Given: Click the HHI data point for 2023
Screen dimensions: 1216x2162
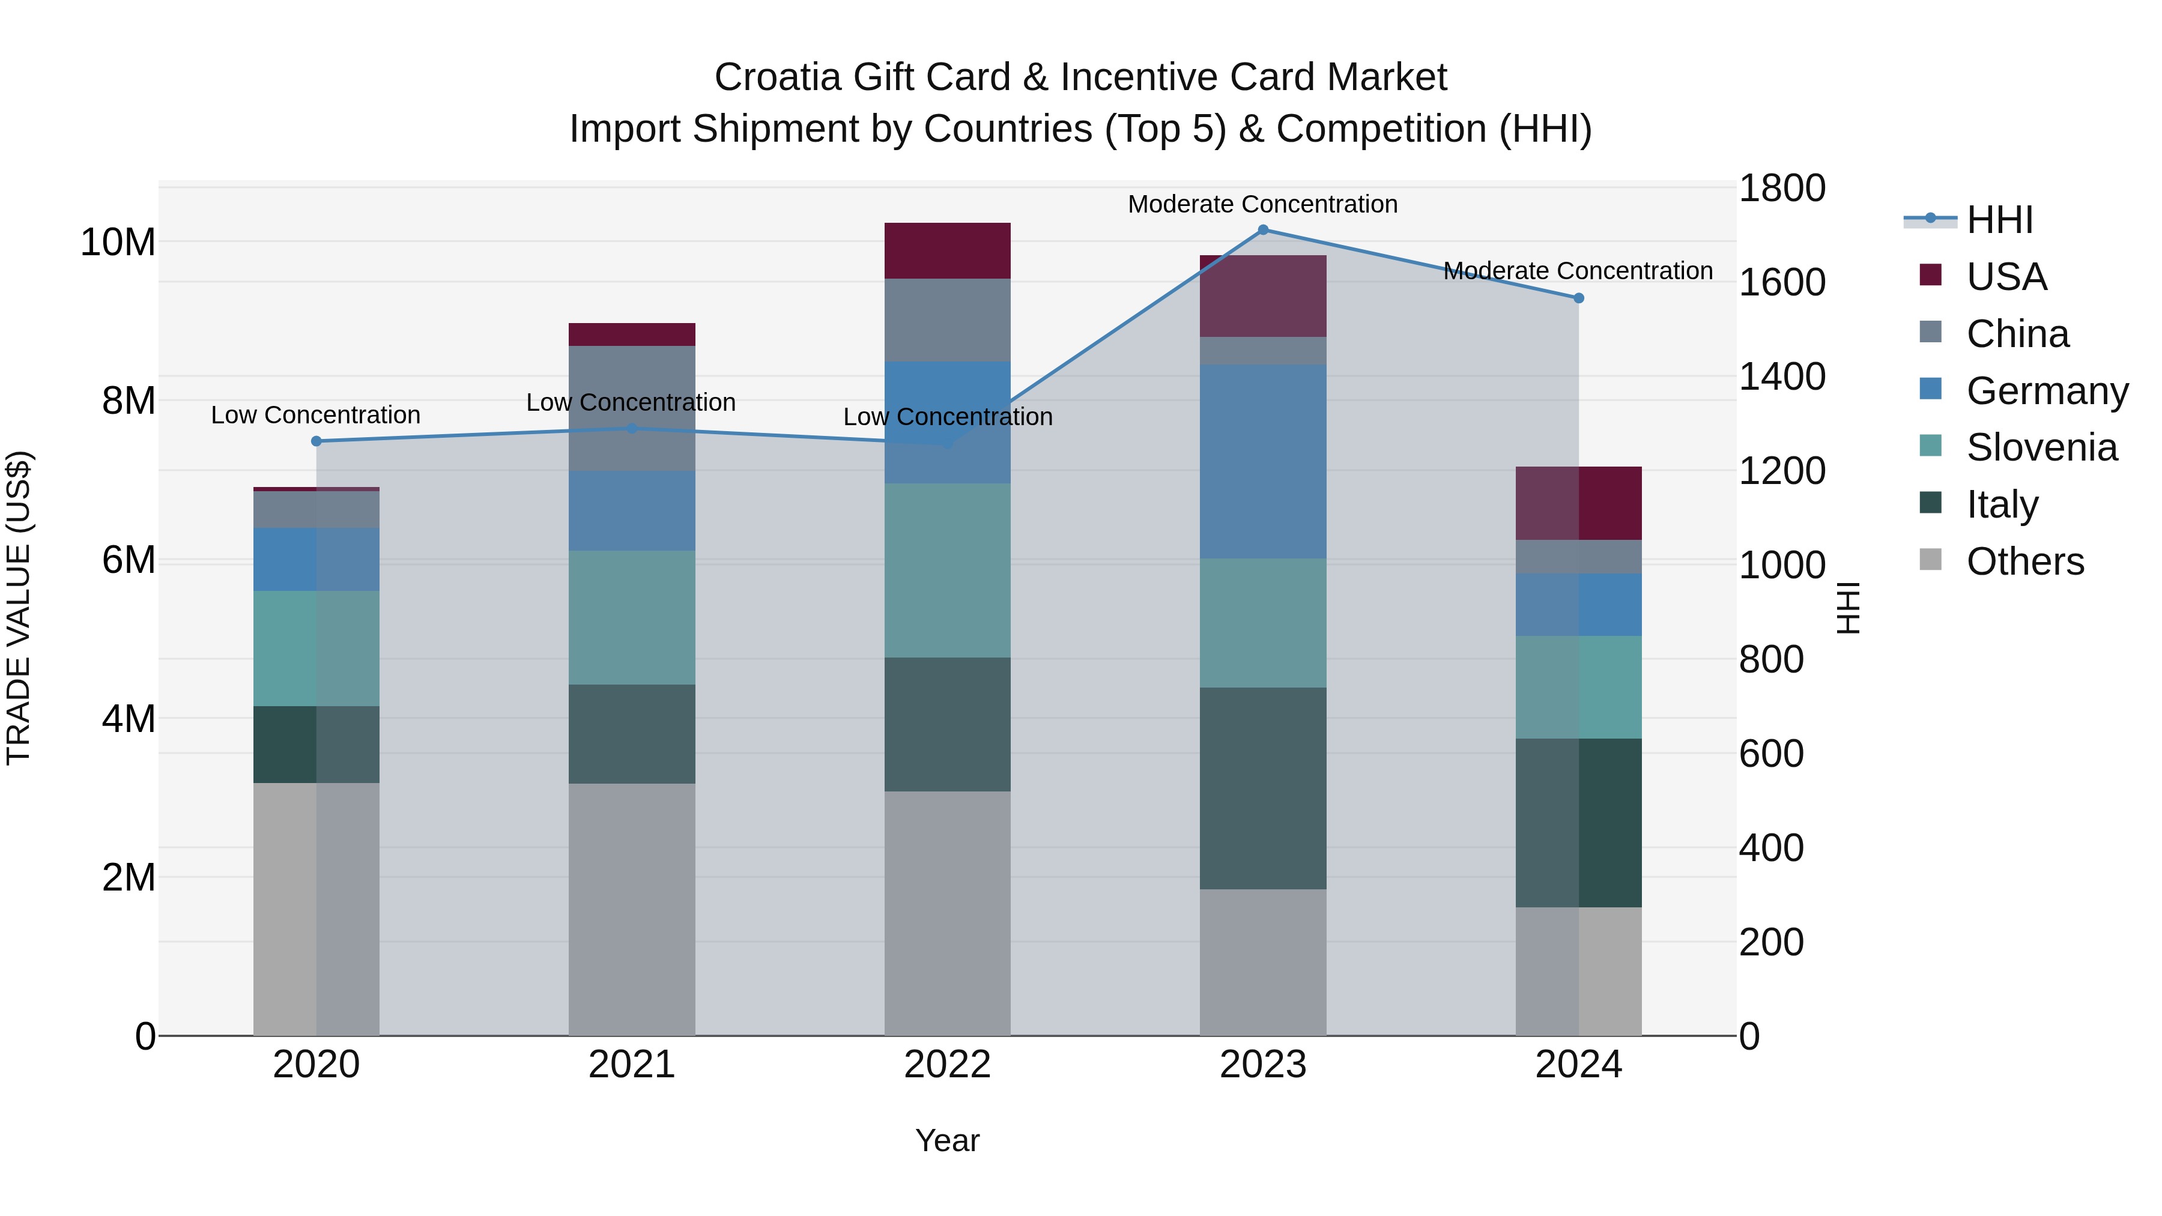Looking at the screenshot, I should coord(1263,230).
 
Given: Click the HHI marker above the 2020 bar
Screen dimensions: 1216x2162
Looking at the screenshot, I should coord(316,441).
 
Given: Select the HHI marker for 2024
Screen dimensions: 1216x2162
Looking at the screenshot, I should coord(1579,298).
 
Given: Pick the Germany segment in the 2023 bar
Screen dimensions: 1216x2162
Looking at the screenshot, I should coord(1263,462).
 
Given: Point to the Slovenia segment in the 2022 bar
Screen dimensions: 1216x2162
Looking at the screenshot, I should coord(948,570).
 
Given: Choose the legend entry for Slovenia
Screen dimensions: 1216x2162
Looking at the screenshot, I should coord(2041,447).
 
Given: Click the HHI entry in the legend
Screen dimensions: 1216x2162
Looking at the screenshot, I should coord(1999,220).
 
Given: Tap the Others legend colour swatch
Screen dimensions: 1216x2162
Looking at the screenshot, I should coord(1930,560).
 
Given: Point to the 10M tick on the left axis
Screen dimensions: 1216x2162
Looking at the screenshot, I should coord(118,243).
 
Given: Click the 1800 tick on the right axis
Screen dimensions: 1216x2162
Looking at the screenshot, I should coord(1781,188).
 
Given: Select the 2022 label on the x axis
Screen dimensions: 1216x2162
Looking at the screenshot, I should coord(948,1065).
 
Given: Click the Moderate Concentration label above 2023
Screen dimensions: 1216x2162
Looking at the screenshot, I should coord(1262,204).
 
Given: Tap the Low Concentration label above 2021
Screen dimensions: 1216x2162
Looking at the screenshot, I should coord(631,403).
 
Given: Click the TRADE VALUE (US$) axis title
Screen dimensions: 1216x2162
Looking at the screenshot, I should coord(19,608).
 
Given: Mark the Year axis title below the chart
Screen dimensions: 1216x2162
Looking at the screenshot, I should coord(948,1140).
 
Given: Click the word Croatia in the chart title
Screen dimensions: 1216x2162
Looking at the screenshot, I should coord(777,77).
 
